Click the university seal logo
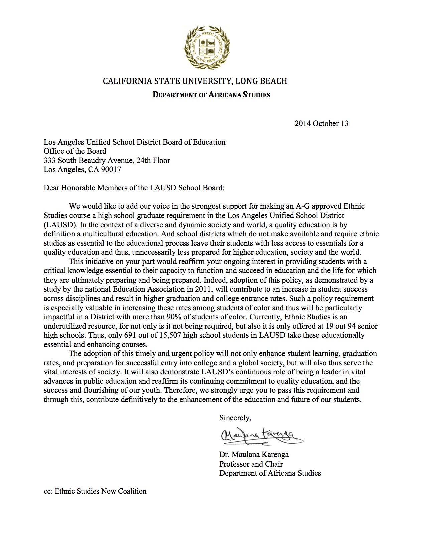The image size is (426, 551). (x=207, y=47)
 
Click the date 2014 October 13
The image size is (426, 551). (x=321, y=124)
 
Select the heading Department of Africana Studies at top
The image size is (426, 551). (x=211, y=95)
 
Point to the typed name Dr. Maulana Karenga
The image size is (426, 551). (x=254, y=455)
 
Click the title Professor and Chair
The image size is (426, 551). (x=251, y=464)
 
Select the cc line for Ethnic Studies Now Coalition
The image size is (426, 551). (x=95, y=491)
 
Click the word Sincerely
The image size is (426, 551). (x=235, y=418)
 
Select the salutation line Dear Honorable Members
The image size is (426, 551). (x=134, y=188)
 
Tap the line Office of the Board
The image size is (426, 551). (x=75, y=151)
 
